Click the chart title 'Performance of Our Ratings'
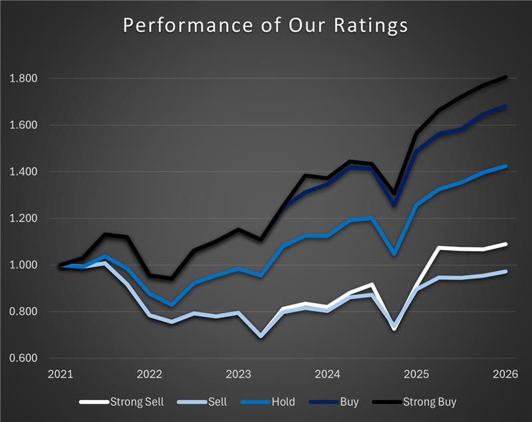coord(265,26)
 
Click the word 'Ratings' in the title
coord(372,27)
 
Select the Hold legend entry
coord(280,401)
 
